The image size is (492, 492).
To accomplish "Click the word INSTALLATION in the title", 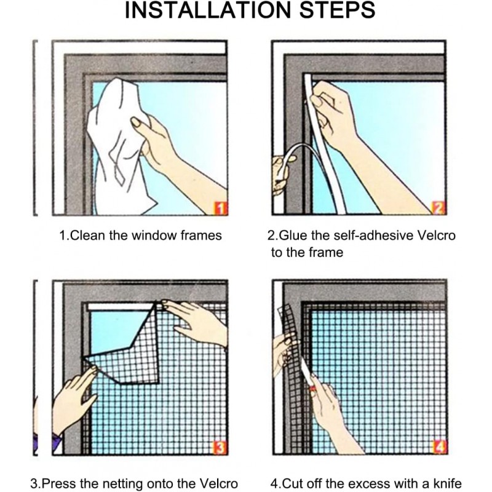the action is click(x=208, y=10).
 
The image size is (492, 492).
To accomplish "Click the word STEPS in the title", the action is click(x=337, y=10).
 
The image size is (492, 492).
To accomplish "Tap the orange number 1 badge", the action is click(x=220, y=208).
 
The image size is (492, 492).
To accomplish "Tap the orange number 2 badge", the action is click(x=439, y=208).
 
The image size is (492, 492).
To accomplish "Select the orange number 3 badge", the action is click(x=220, y=447).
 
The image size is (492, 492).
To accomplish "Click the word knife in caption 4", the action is click(x=448, y=483).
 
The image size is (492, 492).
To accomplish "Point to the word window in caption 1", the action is click(x=154, y=236).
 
